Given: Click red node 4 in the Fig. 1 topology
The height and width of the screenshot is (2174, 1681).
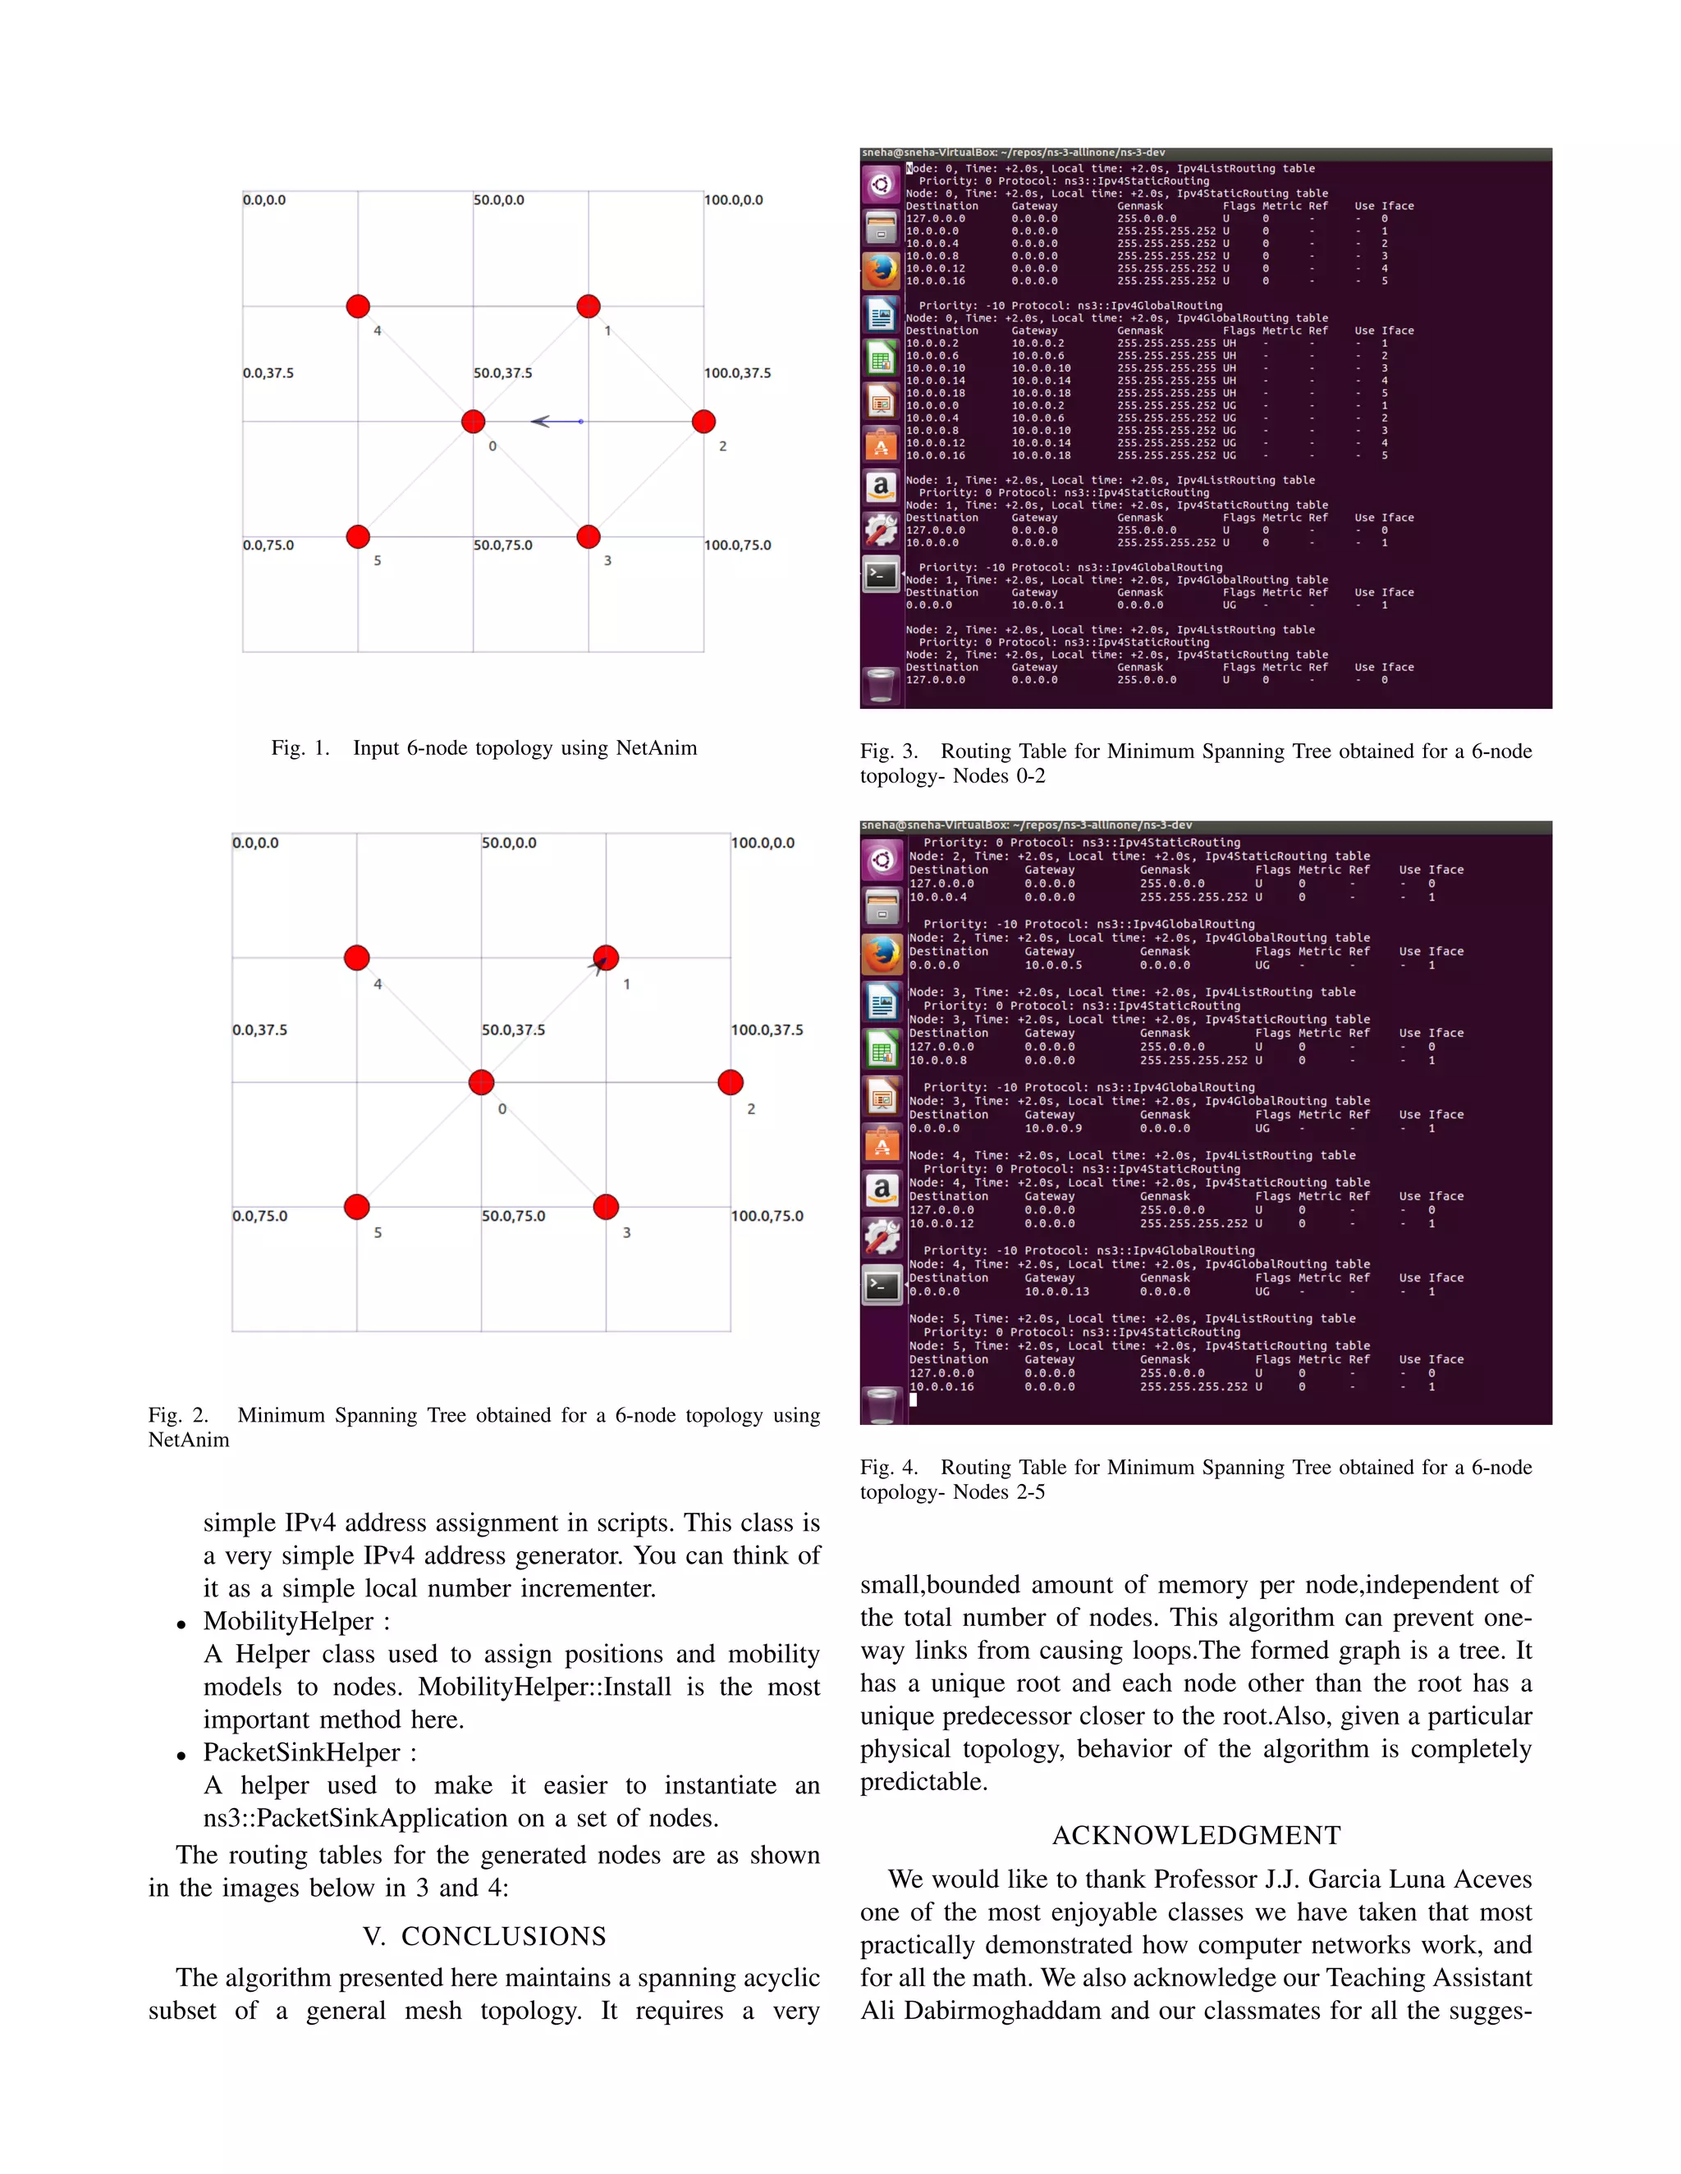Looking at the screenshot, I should click(358, 307).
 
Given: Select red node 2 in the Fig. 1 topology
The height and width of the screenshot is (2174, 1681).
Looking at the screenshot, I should click(703, 421).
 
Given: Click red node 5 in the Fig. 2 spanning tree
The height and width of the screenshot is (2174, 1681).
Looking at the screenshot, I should click(356, 1207).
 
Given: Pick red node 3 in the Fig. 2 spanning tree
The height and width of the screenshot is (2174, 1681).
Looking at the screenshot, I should click(606, 1207).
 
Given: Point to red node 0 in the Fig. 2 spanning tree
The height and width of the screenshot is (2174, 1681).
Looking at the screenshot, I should click(481, 1082).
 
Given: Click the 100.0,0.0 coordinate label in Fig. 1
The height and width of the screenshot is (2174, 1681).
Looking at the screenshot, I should click(733, 200).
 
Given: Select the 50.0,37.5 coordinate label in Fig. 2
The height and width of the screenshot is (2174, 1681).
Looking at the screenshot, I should click(513, 1030).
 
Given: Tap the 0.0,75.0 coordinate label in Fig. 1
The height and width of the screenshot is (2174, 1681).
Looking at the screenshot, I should click(268, 546).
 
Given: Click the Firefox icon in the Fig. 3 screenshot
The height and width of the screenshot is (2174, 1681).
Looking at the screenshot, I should click(882, 270).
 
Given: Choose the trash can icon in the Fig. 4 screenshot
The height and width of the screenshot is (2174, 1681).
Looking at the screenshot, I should click(882, 1404).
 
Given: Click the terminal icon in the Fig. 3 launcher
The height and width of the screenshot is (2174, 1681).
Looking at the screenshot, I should click(882, 574).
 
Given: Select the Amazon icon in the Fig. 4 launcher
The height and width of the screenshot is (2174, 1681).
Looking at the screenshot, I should click(882, 1190).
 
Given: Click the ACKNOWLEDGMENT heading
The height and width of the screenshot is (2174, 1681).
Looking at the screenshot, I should click(1196, 1835).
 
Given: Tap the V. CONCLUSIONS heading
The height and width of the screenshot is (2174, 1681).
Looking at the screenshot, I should click(484, 1936).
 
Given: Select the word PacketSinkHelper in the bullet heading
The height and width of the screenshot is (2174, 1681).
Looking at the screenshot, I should click(300, 1753).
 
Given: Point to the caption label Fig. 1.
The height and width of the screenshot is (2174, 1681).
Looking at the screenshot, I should click(300, 748).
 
